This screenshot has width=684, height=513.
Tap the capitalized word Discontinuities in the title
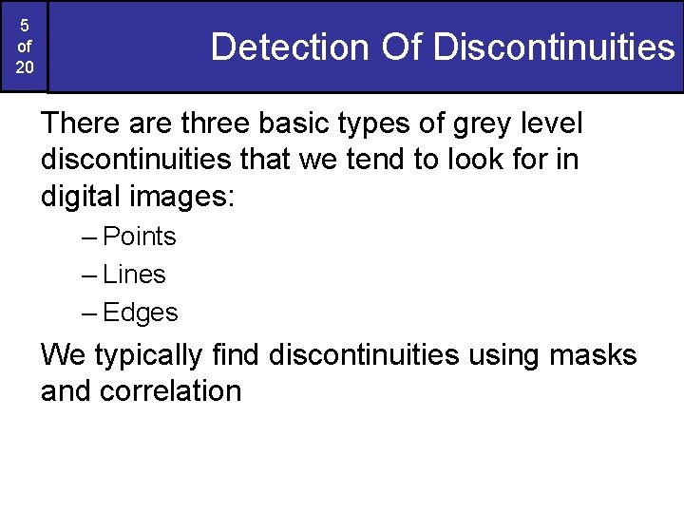[553, 47]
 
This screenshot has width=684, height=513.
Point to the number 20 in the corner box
[24, 68]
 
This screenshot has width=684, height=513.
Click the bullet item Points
[140, 236]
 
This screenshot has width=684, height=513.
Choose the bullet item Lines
[134, 275]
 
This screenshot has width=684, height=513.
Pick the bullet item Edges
[140, 313]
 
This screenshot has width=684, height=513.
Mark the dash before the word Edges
[90, 313]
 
